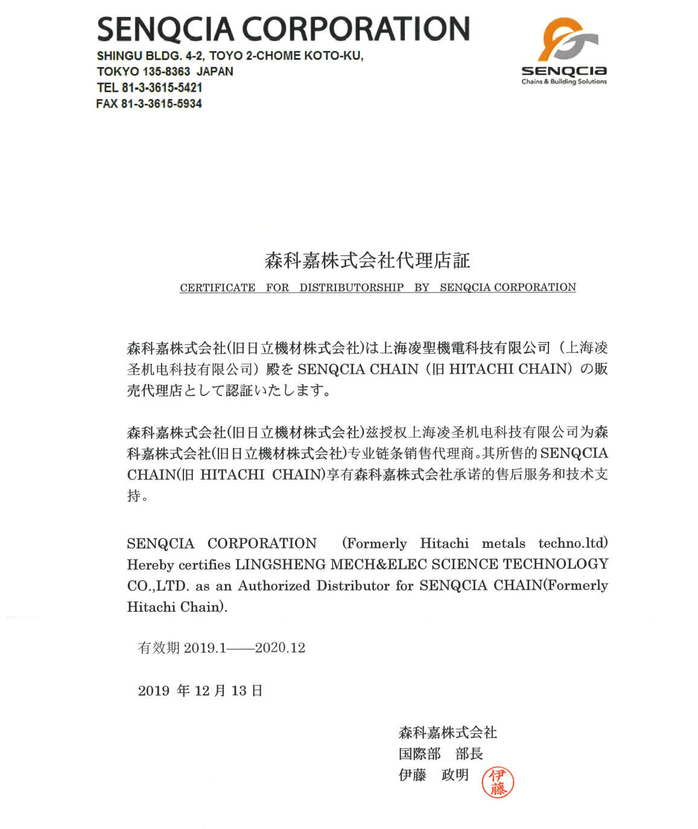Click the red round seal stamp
pyautogui.click(x=498, y=782)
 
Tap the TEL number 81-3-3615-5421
pyautogui.click(x=162, y=87)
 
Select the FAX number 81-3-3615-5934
pyautogui.click(x=161, y=104)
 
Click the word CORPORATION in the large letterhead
pyautogui.click(x=356, y=28)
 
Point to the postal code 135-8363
pyautogui.click(x=166, y=71)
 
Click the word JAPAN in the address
pyautogui.click(x=215, y=71)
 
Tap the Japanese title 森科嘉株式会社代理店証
pyautogui.click(x=367, y=261)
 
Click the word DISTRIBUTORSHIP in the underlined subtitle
pyautogui.click(x=351, y=288)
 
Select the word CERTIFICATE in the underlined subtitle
pyautogui.click(x=217, y=288)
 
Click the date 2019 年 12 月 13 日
pyautogui.click(x=200, y=690)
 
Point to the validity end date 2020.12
pyautogui.click(x=280, y=648)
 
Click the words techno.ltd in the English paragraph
pyautogui.click(x=573, y=543)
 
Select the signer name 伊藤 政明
pyautogui.click(x=433, y=775)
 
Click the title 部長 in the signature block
pyautogui.click(x=469, y=754)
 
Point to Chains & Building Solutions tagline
pyautogui.click(x=564, y=81)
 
